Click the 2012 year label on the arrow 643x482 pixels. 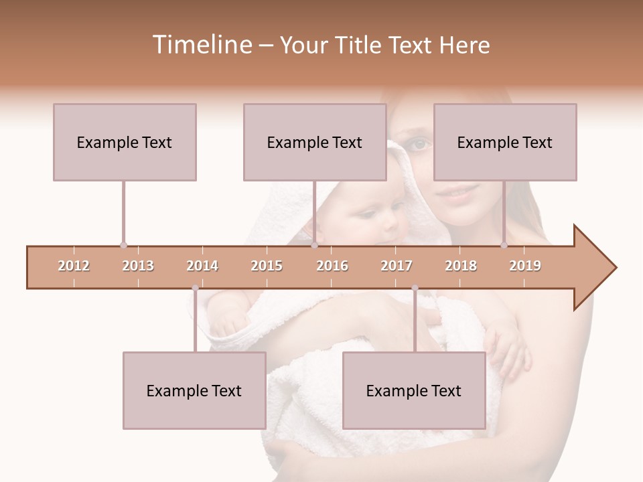click(x=74, y=266)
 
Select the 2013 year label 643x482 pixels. click(x=138, y=266)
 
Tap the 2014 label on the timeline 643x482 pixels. click(x=202, y=266)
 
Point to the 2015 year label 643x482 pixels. click(x=267, y=266)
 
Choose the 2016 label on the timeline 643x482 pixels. click(x=332, y=266)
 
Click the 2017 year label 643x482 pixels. click(x=397, y=266)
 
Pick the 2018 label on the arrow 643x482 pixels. click(x=461, y=266)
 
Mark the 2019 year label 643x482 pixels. click(x=525, y=266)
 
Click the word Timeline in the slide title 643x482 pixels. click(x=202, y=45)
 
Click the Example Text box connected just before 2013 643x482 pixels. click(x=125, y=143)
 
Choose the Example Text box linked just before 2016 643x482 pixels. click(x=315, y=143)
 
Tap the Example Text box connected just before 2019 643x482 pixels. click(x=505, y=143)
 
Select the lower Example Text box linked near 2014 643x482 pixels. click(x=194, y=391)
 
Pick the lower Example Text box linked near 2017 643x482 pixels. click(x=414, y=391)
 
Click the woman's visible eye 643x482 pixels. click(x=419, y=143)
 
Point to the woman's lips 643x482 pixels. click(x=460, y=192)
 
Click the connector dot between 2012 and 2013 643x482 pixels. click(x=123, y=245)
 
